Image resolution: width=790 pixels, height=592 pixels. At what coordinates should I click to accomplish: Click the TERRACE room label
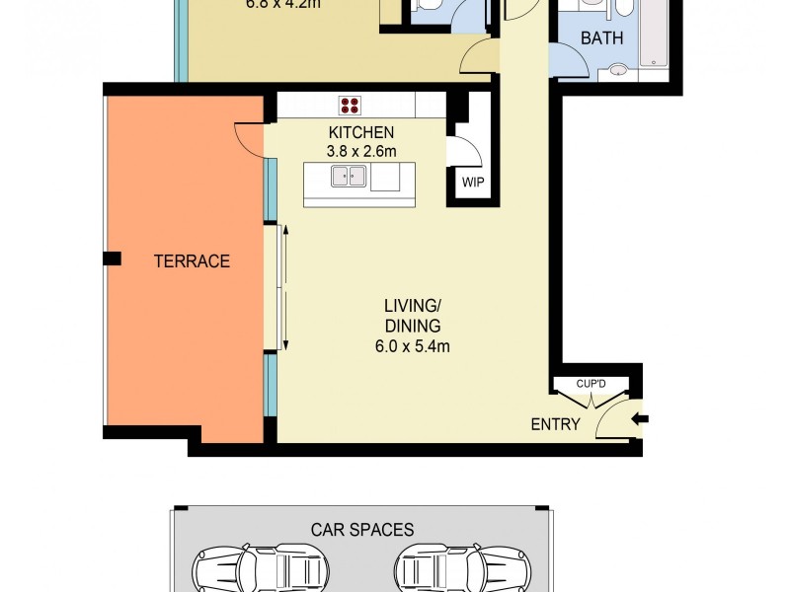pyautogui.click(x=192, y=261)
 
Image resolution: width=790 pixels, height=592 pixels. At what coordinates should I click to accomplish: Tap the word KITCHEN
pyautogui.click(x=361, y=133)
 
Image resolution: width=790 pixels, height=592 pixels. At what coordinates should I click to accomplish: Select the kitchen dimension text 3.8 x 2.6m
pyautogui.click(x=361, y=152)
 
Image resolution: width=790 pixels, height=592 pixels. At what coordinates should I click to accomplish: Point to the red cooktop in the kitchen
pyautogui.click(x=350, y=105)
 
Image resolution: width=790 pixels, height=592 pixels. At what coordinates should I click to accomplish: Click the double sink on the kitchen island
pyautogui.click(x=349, y=177)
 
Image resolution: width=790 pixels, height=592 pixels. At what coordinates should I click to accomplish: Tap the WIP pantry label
pyautogui.click(x=472, y=183)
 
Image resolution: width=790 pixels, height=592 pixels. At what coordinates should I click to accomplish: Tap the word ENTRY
pyautogui.click(x=555, y=425)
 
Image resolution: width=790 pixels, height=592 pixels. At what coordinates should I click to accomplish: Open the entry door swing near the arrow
pyautogui.click(x=614, y=417)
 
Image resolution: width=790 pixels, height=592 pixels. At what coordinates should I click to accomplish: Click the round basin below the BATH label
pyautogui.click(x=618, y=70)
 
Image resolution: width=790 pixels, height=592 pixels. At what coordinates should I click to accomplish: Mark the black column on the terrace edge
pyautogui.click(x=113, y=259)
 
